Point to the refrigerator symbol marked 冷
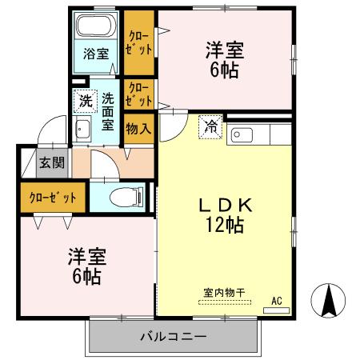[x=210, y=126]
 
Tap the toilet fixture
[x=129, y=195]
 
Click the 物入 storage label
[x=138, y=128]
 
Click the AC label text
[x=277, y=301]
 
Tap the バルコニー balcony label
[x=175, y=337]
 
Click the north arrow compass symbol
[x=329, y=302]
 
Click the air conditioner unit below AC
[x=276, y=310]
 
